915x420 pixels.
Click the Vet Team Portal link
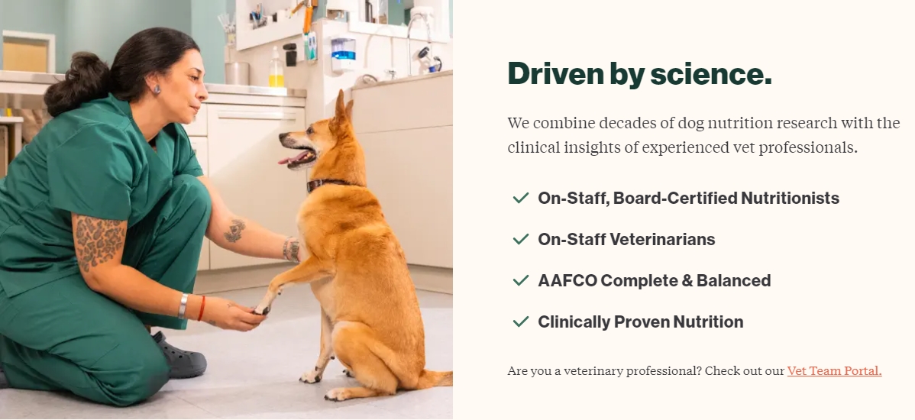pyautogui.click(x=834, y=371)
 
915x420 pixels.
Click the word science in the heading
pyautogui.click(x=711, y=74)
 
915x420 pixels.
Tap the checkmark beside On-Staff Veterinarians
pyautogui.click(x=521, y=239)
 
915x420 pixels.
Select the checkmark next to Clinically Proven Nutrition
pyautogui.click(x=521, y=321)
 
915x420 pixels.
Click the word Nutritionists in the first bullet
pyautogui.click(x=790, y=199)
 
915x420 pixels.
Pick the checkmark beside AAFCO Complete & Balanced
pyautogui.click(x=521, y=280)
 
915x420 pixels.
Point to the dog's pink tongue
pyautogui.click(x=292, y=158)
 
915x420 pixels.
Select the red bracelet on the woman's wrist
pyautogui.click(x=202, y=309)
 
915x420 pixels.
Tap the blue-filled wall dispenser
pyautogui.click(x=343, y=54)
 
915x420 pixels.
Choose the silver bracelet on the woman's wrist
pyautogui.click(x=183, y=305)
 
